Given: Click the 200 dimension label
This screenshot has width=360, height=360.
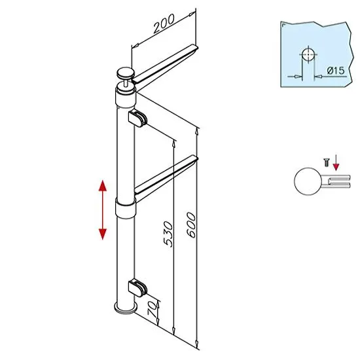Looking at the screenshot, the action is (x=164, y=23).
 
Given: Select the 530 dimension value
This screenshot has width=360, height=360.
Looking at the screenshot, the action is (x=168, y=234).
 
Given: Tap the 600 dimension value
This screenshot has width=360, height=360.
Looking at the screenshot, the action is (x=191, y=225).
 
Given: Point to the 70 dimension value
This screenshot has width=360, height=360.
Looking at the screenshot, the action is (x=153, y=309).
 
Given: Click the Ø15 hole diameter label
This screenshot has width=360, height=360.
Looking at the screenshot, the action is (x=336, y=71).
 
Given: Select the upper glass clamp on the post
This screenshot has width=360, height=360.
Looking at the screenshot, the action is (x=137, y=118).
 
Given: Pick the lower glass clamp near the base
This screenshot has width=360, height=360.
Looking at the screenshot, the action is (x=137, y=288).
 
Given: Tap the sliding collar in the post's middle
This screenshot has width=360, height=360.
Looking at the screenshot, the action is (x=126, y=208).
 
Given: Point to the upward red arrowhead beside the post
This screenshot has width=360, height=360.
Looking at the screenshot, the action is (x=103, y=186).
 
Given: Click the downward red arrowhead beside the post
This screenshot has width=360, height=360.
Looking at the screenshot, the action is (x=103, y=234).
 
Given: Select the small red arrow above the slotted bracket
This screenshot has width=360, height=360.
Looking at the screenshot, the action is (x=336, y=162).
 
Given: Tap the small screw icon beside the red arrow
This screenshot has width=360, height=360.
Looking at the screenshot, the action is (x=326, y=162).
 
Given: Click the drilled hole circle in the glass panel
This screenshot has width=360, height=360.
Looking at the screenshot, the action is (x=308, y=55).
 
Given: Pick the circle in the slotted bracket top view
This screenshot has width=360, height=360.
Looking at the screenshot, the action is (x=308, y=181).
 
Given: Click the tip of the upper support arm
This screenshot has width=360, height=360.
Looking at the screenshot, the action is (x=196, y=47).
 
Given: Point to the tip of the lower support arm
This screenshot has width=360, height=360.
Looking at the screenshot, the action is (x=196, y=158).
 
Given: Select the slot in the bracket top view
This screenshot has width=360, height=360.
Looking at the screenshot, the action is (x=340, y=181).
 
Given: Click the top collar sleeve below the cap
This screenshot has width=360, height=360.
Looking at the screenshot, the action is (x=126, y=98).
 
